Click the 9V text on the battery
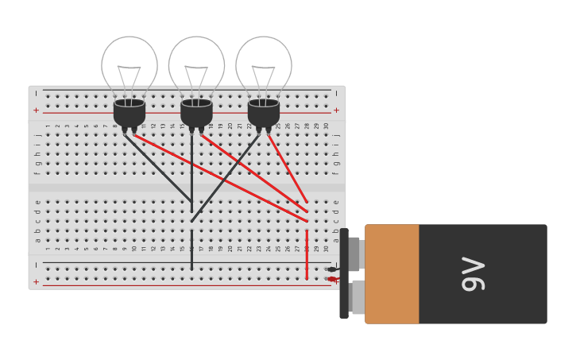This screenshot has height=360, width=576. [x=473, y=274]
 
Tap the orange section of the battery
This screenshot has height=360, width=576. [x=392, y=274]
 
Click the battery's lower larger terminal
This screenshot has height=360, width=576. [x=357, y=297]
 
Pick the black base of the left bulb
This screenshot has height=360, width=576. [x=130, y=113]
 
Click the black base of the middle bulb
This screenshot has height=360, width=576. [x=196, y=113]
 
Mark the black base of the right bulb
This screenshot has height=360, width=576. [x=264, y=113]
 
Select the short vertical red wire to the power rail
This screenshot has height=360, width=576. [x=307, y=254]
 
